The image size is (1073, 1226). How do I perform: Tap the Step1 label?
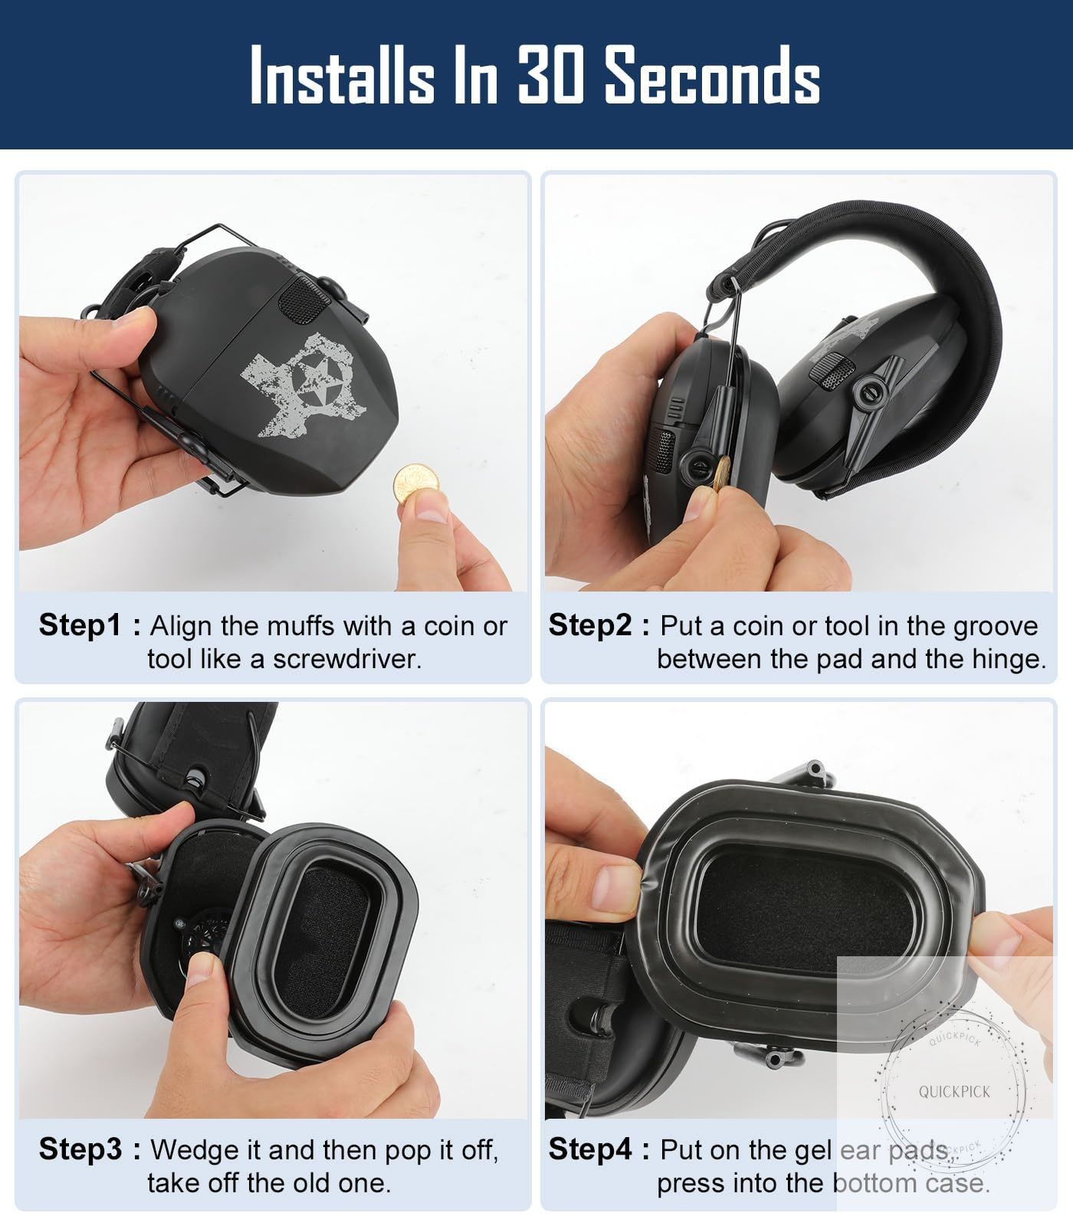[x=80, y=626]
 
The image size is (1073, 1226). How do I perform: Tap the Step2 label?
[x=589, y=626]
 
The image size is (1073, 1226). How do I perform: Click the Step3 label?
[x=80, y=1149]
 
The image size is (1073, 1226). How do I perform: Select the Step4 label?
[x=590, y=1149]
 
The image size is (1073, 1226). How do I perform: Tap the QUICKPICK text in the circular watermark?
[x=954, y=1091]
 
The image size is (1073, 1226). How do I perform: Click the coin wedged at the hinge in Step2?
[x=720, y=474]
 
